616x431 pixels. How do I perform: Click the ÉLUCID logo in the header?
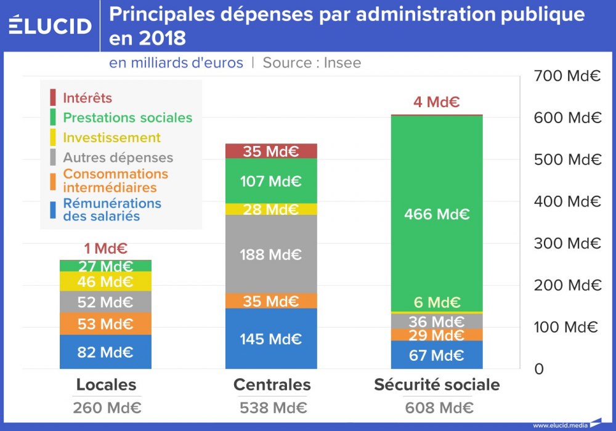(51, 26)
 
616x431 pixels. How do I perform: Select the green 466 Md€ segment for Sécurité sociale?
(437, 214)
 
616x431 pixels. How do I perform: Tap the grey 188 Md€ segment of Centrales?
(270, 254)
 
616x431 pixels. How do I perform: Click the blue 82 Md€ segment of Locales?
(105, 353)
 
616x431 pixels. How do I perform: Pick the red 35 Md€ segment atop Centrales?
(270, 151)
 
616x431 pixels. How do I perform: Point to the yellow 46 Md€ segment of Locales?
(105, 282)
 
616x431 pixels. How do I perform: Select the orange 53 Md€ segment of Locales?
(105, 324)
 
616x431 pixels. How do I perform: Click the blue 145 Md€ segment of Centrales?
(270, 339)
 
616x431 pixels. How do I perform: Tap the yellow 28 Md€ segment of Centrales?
(270, 209)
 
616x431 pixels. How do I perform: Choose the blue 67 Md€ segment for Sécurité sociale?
(437, 355)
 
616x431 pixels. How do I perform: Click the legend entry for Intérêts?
(87, 98)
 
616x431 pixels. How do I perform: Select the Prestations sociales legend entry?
(128, 118)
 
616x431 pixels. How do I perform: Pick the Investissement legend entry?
(111, 137)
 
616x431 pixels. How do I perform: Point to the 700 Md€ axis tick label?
(567, 76)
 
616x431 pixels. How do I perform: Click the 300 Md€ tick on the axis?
(567, 243)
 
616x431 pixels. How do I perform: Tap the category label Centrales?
(272, 385)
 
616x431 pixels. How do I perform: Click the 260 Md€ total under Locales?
(107, 408)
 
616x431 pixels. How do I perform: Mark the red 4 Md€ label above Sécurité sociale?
(437, 102)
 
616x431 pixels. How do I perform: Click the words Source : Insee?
(312, 63)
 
